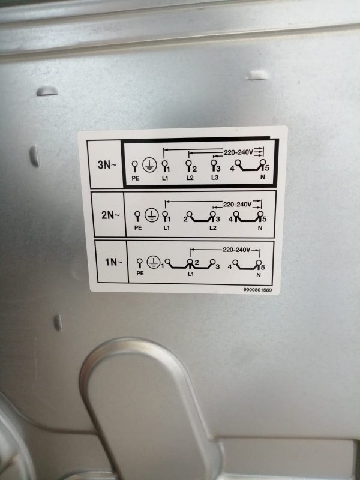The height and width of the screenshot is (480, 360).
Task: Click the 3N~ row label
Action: click(107, 166)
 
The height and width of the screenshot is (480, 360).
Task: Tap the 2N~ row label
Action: click(110, 215)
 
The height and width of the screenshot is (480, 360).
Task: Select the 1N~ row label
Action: click(114, 262)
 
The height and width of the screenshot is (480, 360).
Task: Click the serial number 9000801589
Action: click(257, 290)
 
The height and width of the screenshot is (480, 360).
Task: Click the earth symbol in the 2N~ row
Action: click(151, 215)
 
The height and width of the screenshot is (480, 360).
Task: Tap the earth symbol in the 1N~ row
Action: click(153, 262)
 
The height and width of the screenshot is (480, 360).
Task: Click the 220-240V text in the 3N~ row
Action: click(238, 152)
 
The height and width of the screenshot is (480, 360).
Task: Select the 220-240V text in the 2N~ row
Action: click(238, 204)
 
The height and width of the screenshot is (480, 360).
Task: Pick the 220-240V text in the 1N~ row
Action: click(236, 250)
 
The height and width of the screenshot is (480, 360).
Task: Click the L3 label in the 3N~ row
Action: click(215, 178)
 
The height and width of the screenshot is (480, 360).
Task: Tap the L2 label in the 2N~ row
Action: click(213, 228)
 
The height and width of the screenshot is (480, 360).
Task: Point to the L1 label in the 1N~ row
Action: click(190, 274)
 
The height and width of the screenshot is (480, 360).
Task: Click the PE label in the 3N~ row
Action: click(136, 178)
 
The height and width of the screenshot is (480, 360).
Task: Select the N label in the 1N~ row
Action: click(259, 275)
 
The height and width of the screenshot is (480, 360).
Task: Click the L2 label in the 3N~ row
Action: click(190, 178)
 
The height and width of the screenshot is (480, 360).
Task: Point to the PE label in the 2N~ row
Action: click(138, 228)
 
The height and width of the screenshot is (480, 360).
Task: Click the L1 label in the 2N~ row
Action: click(166, 228)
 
